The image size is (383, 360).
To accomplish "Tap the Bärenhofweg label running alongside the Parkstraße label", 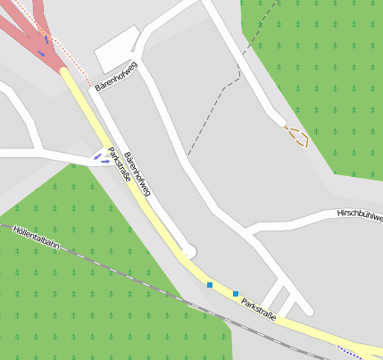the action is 138,173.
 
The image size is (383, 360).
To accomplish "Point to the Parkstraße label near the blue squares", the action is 258,306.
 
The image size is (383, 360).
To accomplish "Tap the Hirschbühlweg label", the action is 359,215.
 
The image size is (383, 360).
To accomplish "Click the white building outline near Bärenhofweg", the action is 115,54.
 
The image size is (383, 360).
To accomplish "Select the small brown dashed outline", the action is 296,136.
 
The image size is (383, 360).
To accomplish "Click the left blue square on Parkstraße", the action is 210,285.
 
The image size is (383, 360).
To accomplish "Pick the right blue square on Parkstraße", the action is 236,293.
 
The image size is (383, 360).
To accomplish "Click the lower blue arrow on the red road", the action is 40,54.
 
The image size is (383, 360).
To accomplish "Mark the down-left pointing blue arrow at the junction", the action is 97,157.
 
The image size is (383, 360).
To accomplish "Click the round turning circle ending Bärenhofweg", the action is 188,252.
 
